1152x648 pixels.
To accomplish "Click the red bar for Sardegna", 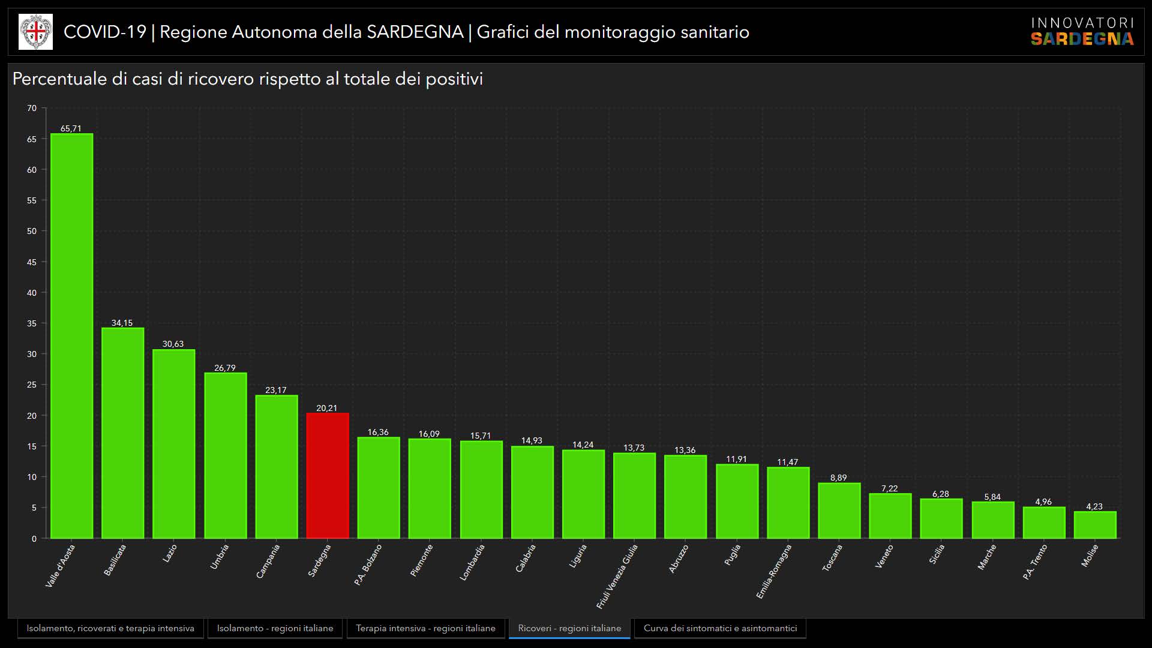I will click(x=328, y=475).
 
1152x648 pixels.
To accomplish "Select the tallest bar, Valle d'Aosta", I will click(x=71, y=336).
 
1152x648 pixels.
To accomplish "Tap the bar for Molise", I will click(x=1095, y=525).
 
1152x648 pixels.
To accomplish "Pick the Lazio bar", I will click(x=174, y=444).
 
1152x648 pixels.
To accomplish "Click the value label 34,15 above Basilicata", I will click(x=122, y=323).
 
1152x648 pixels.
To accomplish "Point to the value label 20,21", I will click(x=327, y=408).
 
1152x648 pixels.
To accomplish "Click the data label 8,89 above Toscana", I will click(x=839, y=478).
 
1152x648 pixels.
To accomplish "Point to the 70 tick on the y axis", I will click(x=32, y=109).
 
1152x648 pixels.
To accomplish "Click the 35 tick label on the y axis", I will click(x=32, y=323).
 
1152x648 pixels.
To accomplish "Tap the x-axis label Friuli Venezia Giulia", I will click(x=617, y=577).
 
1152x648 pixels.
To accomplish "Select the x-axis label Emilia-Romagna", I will click(x=774, y=571).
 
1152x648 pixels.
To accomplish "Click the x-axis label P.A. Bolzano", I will click(x=368, y=565).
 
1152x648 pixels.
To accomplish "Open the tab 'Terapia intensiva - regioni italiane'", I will click(x=425, y=628).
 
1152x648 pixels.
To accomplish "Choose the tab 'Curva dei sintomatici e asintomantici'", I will click(x=720, y=628).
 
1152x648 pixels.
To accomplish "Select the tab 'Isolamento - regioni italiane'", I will click(x=275, y=628).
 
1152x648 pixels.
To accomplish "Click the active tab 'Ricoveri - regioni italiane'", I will click(x=569, y=628).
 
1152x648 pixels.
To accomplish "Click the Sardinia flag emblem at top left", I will click(x=36, y=32).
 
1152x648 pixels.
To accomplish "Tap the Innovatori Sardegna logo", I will click(x=1082, y=32).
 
